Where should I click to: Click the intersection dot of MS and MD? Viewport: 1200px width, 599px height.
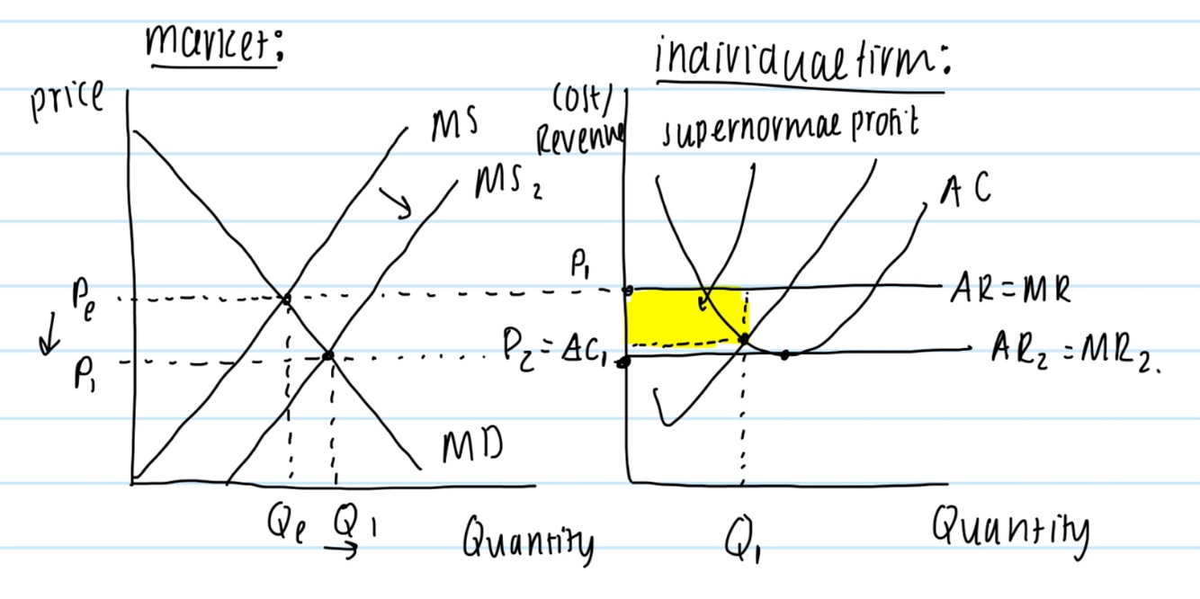(286, 298)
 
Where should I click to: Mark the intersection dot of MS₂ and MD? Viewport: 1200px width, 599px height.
(327, 356)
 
